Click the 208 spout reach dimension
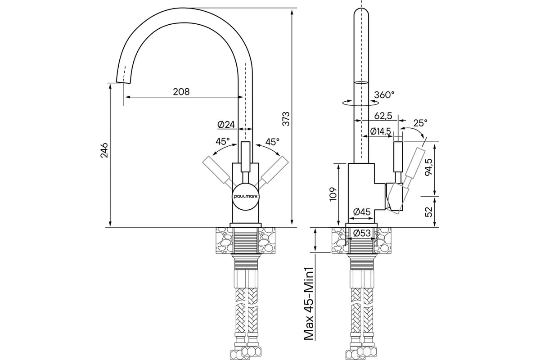pos(181,92)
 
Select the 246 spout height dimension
pos(104,150)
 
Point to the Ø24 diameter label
pos(226,125)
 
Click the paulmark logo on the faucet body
pos(246,196)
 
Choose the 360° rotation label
pos(384,95)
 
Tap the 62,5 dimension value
pos(383,116)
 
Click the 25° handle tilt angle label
pos(420,123)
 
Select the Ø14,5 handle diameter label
pos(380,131)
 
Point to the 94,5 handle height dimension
pos(429,167)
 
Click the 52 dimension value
pos(429,212)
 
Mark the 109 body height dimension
pos(333,194)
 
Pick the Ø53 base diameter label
pos(362,233)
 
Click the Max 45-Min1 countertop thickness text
pos(309,303)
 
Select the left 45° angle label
pos(223,141)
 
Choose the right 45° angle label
pos(272,142)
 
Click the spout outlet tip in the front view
pos(123,82)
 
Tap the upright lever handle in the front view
pos(246,157)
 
